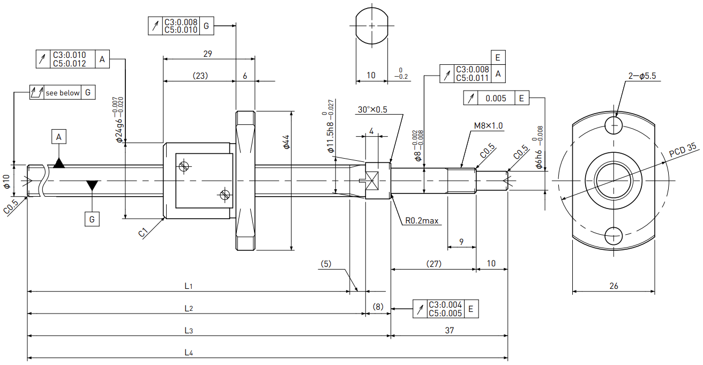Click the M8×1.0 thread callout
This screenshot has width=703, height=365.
488,126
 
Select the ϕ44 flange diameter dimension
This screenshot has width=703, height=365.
286,142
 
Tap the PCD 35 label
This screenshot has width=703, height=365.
682,150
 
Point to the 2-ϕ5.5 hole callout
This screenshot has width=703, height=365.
642,76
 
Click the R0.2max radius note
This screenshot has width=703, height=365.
422,221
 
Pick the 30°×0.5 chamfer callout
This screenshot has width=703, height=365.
372,109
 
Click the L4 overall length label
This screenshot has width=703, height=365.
188,353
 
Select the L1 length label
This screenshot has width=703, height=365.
188,286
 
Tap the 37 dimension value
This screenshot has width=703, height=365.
450,330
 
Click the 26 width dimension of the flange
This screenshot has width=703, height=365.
614,286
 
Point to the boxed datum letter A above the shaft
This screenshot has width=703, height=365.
59,137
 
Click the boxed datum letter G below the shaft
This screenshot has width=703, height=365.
92,219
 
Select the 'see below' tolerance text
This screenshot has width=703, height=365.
63,93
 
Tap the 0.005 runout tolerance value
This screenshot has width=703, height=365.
496,98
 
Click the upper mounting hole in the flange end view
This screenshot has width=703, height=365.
613,125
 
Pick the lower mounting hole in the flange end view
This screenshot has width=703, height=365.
613,236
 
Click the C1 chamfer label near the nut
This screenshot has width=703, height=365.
143,233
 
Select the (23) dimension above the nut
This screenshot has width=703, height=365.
200,76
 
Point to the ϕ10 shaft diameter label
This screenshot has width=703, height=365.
6,182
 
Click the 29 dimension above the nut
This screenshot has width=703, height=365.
207,54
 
